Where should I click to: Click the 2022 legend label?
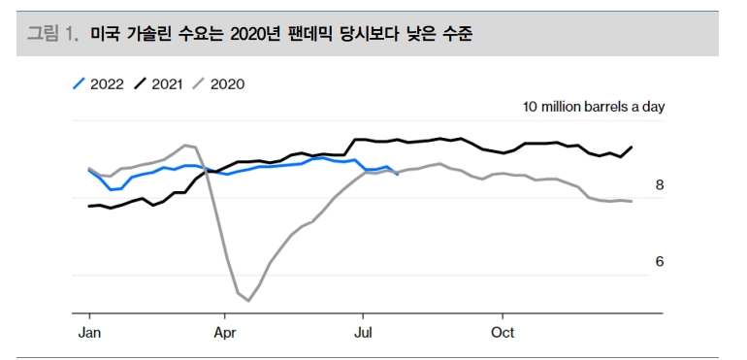tap(107, 83)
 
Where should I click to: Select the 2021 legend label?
tap(168, 83)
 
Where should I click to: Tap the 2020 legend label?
tap(227, 83)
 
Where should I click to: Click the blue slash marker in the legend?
tap(80, 83)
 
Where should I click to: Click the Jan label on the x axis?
tap(88, 332)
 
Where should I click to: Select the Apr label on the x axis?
tap(225, 332)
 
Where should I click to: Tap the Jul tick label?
tap(362, 332)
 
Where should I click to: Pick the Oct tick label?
tap(502, 332)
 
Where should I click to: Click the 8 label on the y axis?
tap(659, 184)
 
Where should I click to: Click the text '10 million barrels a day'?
tap(594, 107)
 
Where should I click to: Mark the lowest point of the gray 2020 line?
tap(248, 301)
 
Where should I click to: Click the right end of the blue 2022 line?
tap(398, 174)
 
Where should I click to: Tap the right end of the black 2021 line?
tap(633, 147)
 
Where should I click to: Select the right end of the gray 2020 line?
tap(633, 201)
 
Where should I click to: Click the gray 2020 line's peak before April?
tap(186, 146)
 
